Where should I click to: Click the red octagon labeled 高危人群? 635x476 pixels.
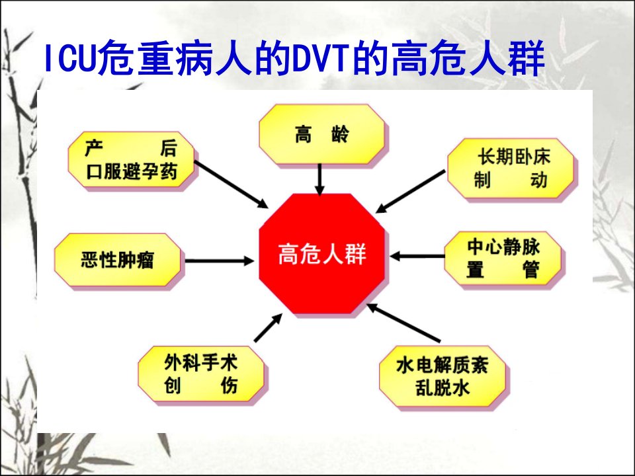click(x=321, y=253)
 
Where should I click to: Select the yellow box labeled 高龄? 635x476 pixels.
click(x=321, y=134)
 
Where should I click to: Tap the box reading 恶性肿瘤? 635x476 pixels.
click(x=118, y=260)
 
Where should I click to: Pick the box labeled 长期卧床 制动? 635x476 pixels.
click(x=511, y=168)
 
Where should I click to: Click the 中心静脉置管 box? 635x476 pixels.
click(x=503, y=258)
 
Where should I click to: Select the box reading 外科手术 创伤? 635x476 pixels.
click(x=201, y=374)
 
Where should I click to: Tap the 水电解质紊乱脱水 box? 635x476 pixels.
click(x=443, y=376)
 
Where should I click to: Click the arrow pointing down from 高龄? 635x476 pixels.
click(x=320, y=180)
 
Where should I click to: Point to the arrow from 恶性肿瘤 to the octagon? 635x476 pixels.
click(x=219, y=261)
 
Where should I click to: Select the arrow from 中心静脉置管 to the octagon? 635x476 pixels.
click(x=417, y=257)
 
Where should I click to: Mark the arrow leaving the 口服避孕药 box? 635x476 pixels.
click(x=232, y=184)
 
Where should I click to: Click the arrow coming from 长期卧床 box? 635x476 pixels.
click(x=410, y=192)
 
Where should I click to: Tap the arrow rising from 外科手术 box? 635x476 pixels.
click(x=268, y=327)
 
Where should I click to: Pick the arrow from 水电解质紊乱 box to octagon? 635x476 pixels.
click(x=403, y=323)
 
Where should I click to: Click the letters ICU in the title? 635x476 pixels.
click(x=70, y=58)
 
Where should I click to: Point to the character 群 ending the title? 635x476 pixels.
click(x=527, y=58)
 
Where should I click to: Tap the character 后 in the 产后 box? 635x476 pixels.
click(x=169, y=148)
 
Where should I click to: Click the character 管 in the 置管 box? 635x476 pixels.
click(x=531, y=270)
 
